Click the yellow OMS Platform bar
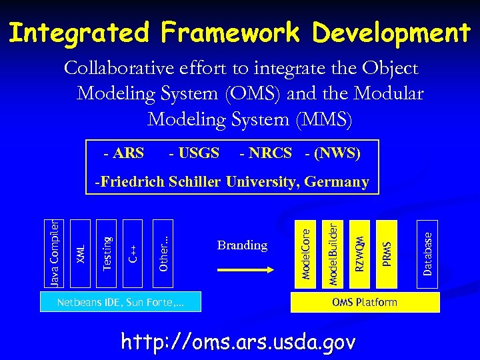click(x=365, y=303)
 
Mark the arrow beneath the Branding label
click(x=242, y=271)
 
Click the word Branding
click(x=242, y=245)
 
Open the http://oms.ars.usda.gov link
click(x=238, y=342)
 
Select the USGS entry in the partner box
click(x=194, y=154)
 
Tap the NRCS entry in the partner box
click(x=266, y=154)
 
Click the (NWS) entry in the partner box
click(x=333, y=154)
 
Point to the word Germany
click(x=339, y=182)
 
